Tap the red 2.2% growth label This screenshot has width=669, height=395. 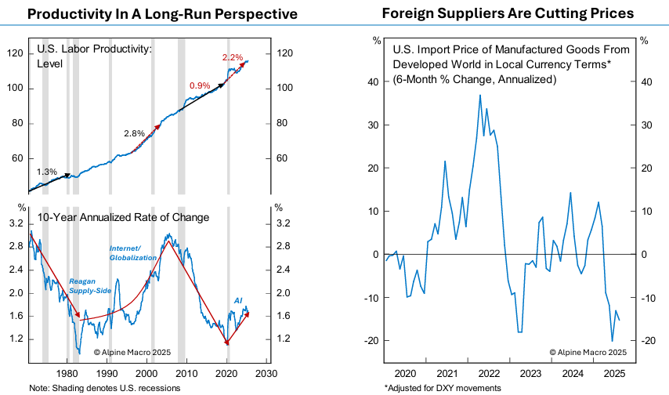pyautogui.click(x=233, y=57)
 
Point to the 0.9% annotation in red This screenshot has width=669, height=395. pyautogui.click(x=200, y=85)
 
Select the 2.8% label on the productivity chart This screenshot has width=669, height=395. pyautogui.click(x=135, y=133)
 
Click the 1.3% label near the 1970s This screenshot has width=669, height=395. pyautogui.click(x=48, y=171)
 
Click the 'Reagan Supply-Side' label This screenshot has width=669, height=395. pyautogui.click(x=89, y=285)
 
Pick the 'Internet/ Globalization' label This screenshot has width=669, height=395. pyautogui.click(x=131, y=252)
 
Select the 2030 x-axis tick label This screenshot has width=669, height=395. pyautogui.click(x=267, y=373)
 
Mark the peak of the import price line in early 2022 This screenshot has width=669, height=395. pyautogui.click(x=480, y=95)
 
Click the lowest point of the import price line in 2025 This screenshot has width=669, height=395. pyautogui.click(x=612, y=341)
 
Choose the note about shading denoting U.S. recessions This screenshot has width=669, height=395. pyautogui.click(x=104, y=388)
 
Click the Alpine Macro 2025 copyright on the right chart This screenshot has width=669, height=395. pyautogui.click(x=588, y=353)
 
